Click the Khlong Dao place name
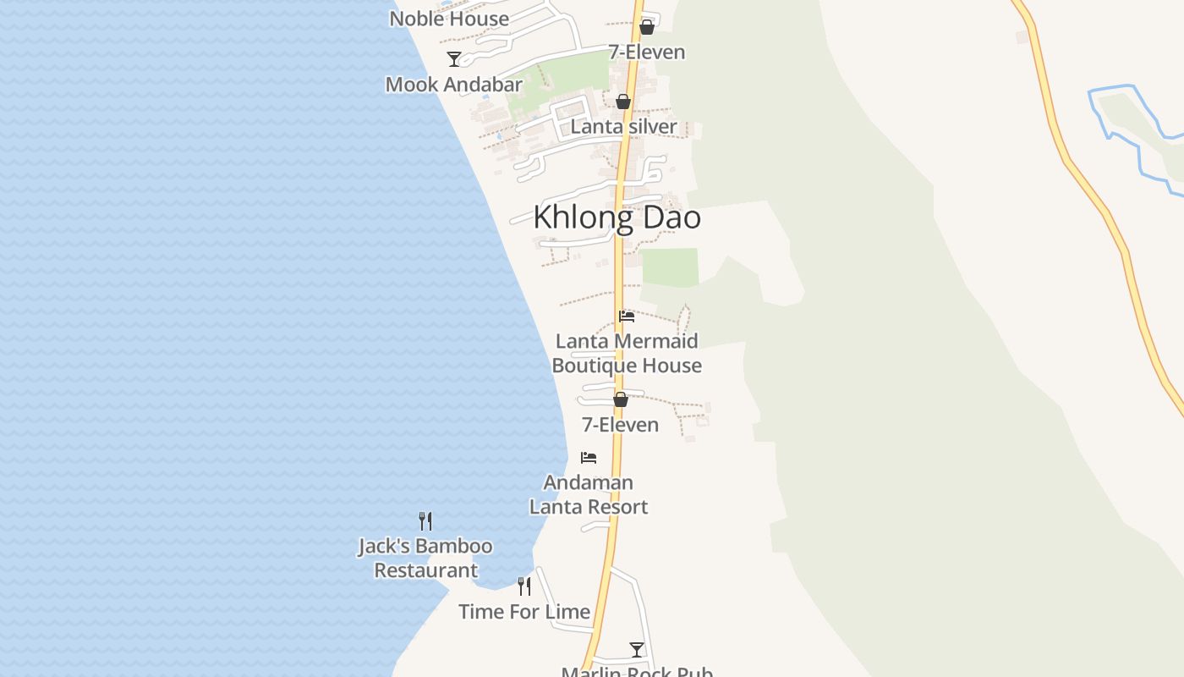pyautogui.click(x=617, y=218)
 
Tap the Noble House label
pyautogui.click(x=449, y=19)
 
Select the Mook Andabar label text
pyautogui.click(x=454, y=85)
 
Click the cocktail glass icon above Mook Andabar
pyautogui.click(x=454, y=58)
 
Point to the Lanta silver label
pyautogui.click(x=623, y=127)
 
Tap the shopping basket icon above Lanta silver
pyautogui.click(x=623, y=102)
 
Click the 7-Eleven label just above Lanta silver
pyautogui.click(x=647, y=52)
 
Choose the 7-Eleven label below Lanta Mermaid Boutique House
pyautogui.click(x=620, y=425)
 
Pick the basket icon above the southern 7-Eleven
pyautogui.click(x=621, y=399)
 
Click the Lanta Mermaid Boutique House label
pyautogui.click(x=627, y=354)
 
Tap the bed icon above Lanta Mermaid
pyautogui.click(x=627, y=316)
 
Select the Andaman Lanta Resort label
pyautogui.click(x=589, y=495)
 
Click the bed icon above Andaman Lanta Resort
pyautogui.click(x=589, y=458)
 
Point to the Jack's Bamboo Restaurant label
pyautogui.click(x=425, y=559)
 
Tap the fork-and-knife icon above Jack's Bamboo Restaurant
pyautogui.click(x=425, y=521)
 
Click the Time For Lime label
pyautogui.click(x=524, y=612)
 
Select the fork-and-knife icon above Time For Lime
pyautogui.click(x=524, y=586)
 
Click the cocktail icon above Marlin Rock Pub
pyautogui.click(x=637, y=649)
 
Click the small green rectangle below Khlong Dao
pyautogui.click(x=670, y=267)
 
